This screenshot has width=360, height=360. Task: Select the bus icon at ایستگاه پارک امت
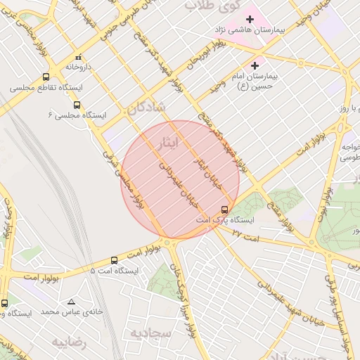coord(225,209)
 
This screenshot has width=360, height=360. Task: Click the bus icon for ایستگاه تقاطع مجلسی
coord(46,77)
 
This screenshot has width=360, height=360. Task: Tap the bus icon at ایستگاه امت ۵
coord(115,260)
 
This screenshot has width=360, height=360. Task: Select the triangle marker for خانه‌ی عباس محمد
coord(72,301)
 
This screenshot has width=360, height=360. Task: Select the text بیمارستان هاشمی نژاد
coord(254,31)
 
